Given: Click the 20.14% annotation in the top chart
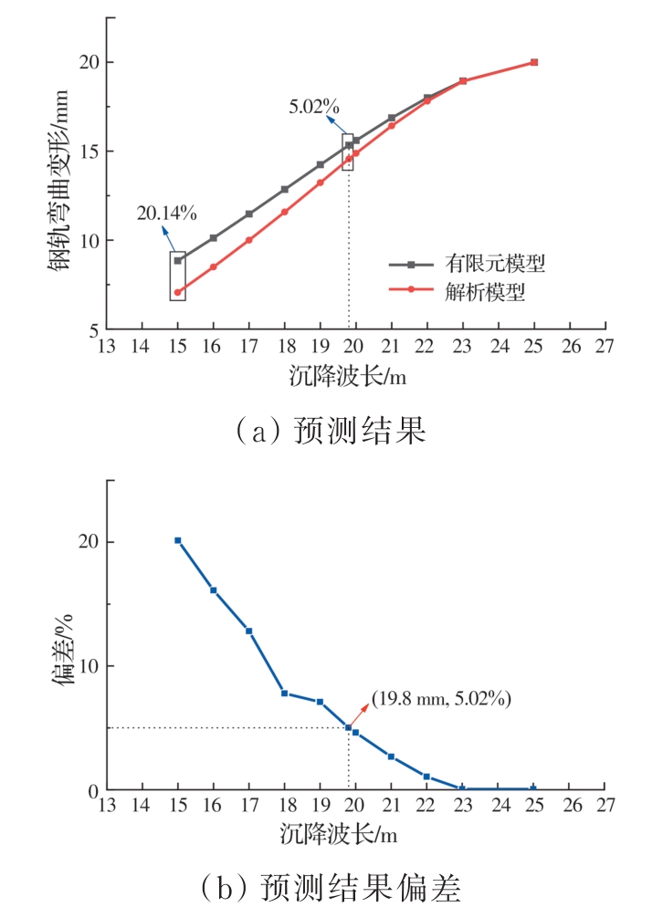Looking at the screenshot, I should (x=167, y=214).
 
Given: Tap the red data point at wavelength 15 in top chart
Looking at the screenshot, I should (x=178, y=293).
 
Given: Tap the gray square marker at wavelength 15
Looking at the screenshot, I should (x=178, y=260).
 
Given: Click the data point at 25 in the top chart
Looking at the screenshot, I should (x=534, y=62).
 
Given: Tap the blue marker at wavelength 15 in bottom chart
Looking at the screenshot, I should (x=178, y=540).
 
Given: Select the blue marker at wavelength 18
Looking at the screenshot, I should (x=285, y=694).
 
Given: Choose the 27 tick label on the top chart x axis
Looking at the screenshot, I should (x=605, y=347).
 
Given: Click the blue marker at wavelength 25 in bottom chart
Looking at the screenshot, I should (x=534, y=788).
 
